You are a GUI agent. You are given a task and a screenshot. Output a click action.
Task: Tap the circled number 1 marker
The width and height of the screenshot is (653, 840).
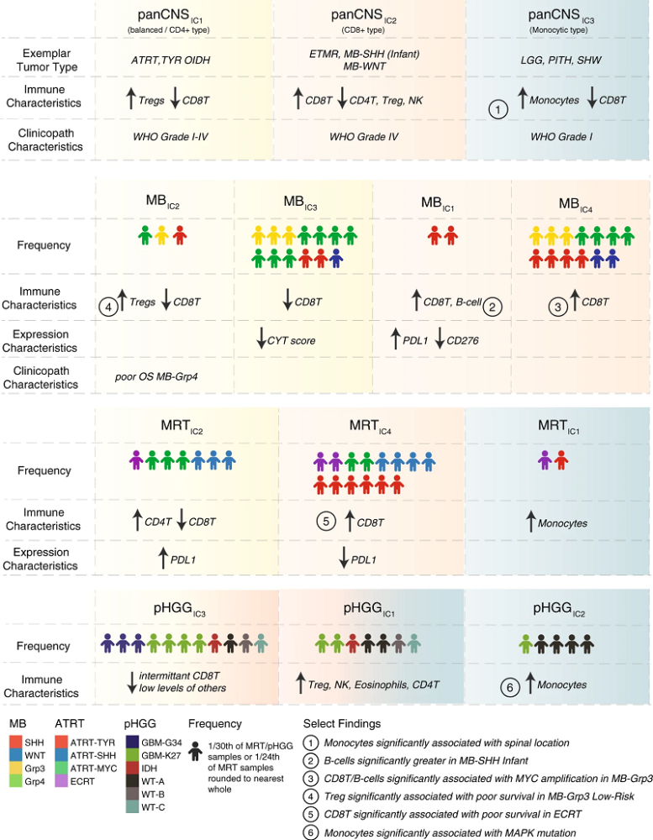click(498, 109)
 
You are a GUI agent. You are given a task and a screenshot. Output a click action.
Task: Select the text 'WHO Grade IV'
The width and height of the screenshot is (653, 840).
click(364, 137)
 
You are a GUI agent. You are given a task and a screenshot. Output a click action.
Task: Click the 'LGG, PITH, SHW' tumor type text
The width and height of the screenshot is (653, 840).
click(561, 60)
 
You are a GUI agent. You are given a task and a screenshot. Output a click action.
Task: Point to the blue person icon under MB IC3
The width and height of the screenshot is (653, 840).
click(336, 258)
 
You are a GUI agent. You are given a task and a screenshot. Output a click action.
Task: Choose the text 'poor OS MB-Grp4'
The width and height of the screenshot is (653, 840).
click(156, 376)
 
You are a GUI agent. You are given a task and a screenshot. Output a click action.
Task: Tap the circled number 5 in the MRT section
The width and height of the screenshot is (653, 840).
click(326, 521)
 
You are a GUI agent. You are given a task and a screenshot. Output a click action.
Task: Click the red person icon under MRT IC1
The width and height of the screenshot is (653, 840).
click(561, 460)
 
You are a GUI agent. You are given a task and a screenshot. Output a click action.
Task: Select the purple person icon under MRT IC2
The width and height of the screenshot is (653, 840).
click(136, 460)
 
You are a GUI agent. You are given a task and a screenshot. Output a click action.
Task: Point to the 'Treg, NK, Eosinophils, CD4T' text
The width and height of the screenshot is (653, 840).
click(374, 685)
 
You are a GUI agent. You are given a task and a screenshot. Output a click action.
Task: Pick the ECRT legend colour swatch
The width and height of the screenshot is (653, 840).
click(61, 781)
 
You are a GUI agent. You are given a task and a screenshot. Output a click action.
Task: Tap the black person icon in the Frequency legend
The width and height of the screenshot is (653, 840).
click(196, 751)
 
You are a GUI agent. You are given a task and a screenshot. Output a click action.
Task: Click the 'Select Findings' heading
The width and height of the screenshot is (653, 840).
click(342, 724)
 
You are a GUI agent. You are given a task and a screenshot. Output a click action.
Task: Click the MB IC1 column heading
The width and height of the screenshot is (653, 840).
click(438, 203)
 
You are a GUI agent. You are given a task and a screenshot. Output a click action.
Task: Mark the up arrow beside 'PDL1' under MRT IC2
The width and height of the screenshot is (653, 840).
click(163, 559)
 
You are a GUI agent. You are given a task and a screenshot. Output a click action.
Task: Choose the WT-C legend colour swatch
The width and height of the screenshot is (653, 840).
click(132, 807)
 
